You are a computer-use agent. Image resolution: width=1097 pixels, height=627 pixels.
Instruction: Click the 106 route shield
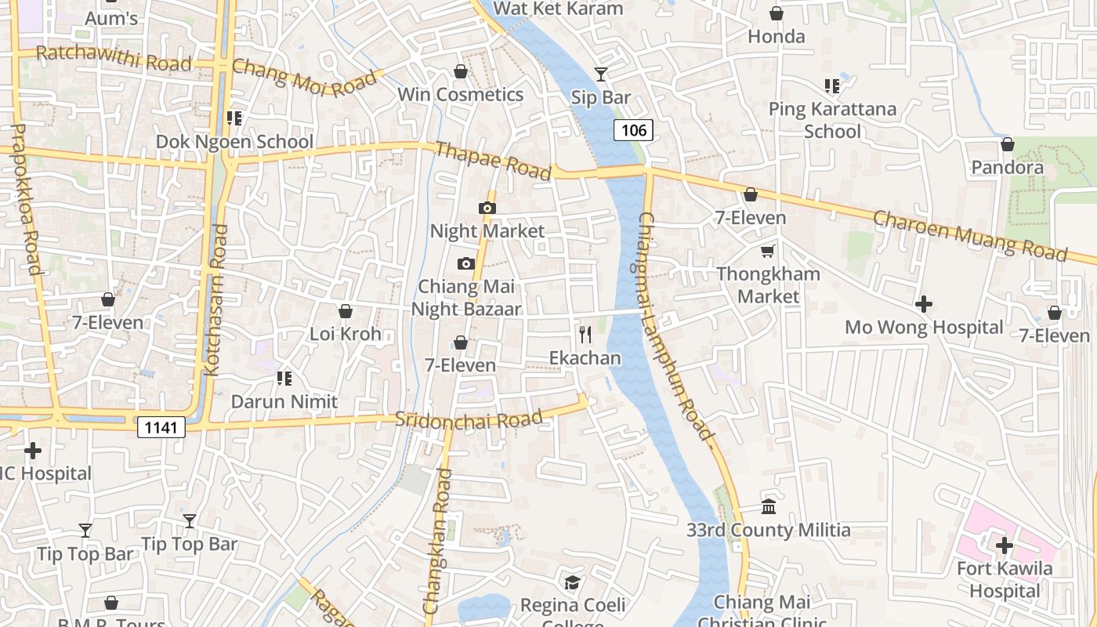(x=633, y=130)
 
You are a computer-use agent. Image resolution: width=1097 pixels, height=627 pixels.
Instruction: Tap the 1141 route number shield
(x=161, y=427)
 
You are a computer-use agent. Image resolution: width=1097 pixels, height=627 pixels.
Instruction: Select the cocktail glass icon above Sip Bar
(x=601, y=74)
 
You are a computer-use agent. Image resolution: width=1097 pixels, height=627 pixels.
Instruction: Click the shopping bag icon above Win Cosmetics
(x=461, y=72)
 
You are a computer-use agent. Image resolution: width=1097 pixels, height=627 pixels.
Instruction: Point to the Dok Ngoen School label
(x=234, y=142)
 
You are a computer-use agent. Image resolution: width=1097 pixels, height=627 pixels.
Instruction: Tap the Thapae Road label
(x=493, y=161)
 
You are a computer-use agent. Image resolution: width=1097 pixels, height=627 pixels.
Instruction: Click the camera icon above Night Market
(x=487, y=208)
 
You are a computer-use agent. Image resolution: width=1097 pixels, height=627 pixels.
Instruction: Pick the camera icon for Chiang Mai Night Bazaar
(x=466, y=263)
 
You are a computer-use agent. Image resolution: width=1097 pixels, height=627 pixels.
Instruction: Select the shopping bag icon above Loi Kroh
(x=345, y=311)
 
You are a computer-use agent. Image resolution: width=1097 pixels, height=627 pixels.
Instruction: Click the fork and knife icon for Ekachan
(x=585, y=335)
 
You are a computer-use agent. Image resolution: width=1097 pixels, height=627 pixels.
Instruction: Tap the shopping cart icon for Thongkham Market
(x=768, y=252)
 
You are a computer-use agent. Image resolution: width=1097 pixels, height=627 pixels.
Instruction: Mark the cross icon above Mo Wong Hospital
(x=924, y=304)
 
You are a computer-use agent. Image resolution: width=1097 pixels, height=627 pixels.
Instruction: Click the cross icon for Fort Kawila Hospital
(x=1004, y=545)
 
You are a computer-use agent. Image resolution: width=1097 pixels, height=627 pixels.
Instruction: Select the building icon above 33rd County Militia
(x=769, y=507)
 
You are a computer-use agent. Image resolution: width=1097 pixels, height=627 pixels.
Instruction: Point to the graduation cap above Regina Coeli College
(x=573, y=582)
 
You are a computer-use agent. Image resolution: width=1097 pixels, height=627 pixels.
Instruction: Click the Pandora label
(x=1007, y=167)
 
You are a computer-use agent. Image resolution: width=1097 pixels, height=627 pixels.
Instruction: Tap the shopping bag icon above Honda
(x=777, y=13)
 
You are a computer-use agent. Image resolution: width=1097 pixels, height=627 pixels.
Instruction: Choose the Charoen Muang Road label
(x=970, y=234)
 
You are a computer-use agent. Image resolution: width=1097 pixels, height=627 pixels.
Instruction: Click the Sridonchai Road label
(x=469, y=419)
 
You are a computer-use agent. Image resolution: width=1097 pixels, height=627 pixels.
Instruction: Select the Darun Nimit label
(x=284, y=401)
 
